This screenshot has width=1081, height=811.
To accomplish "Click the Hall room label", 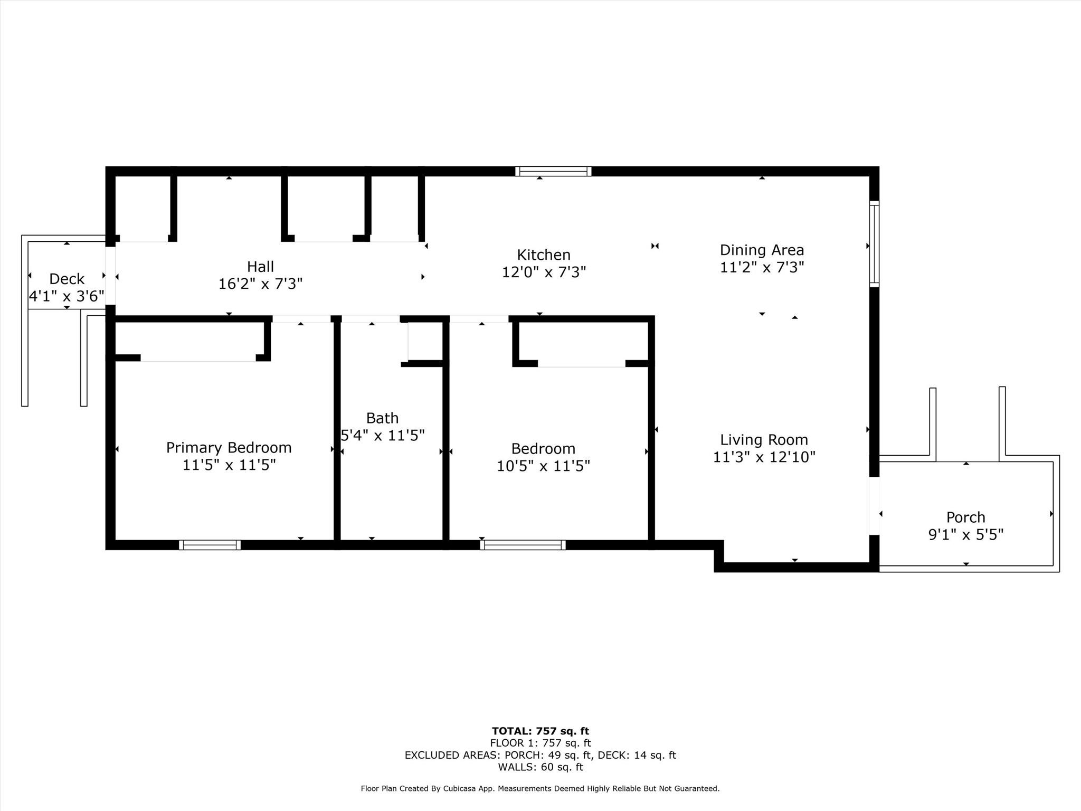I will tap(260, 267).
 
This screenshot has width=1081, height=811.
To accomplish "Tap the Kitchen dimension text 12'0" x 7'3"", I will tap(544, 272).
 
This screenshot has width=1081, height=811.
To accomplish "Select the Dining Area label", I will tap(762, 250).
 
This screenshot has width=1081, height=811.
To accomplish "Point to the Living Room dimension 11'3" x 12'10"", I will tap(764, 457).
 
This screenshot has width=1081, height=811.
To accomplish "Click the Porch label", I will tap(965, 517).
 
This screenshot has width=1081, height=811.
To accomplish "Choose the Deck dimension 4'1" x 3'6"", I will tap(67, 296).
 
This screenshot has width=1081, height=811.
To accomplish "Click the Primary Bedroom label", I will tap(229, 448).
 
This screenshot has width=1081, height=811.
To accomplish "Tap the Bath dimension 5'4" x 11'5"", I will tap(383, 436).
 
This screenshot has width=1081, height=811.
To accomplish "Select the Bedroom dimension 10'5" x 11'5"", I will tap(543, 466).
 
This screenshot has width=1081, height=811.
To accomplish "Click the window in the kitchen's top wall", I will tap(553, 171).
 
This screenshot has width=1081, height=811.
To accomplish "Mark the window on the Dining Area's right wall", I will tap(874, 244).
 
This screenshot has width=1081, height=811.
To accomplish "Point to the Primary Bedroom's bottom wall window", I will tap(210, 545).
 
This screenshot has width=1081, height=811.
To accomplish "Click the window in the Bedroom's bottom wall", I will tap(523, 545).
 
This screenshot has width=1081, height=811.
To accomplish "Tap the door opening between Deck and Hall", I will tap(110, 276).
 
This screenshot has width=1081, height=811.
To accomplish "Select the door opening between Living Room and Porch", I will tap(874, 506).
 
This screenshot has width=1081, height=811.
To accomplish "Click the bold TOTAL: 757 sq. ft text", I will tap(540, 731).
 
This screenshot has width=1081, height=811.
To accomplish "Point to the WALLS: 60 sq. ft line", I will tap(540, 767).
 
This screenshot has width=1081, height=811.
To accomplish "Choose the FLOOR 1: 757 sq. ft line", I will tap(540, 743).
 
